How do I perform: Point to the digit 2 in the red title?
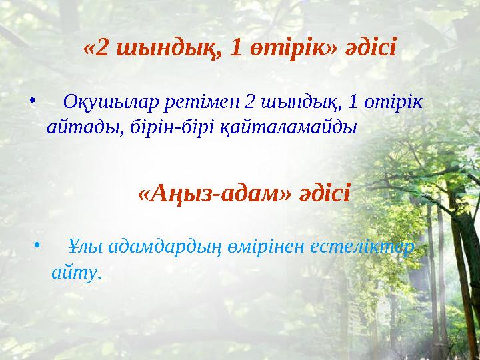(x=101, y=48)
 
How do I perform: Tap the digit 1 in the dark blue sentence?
(x=353, y=103)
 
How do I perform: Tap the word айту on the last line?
(x=75, y=272)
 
